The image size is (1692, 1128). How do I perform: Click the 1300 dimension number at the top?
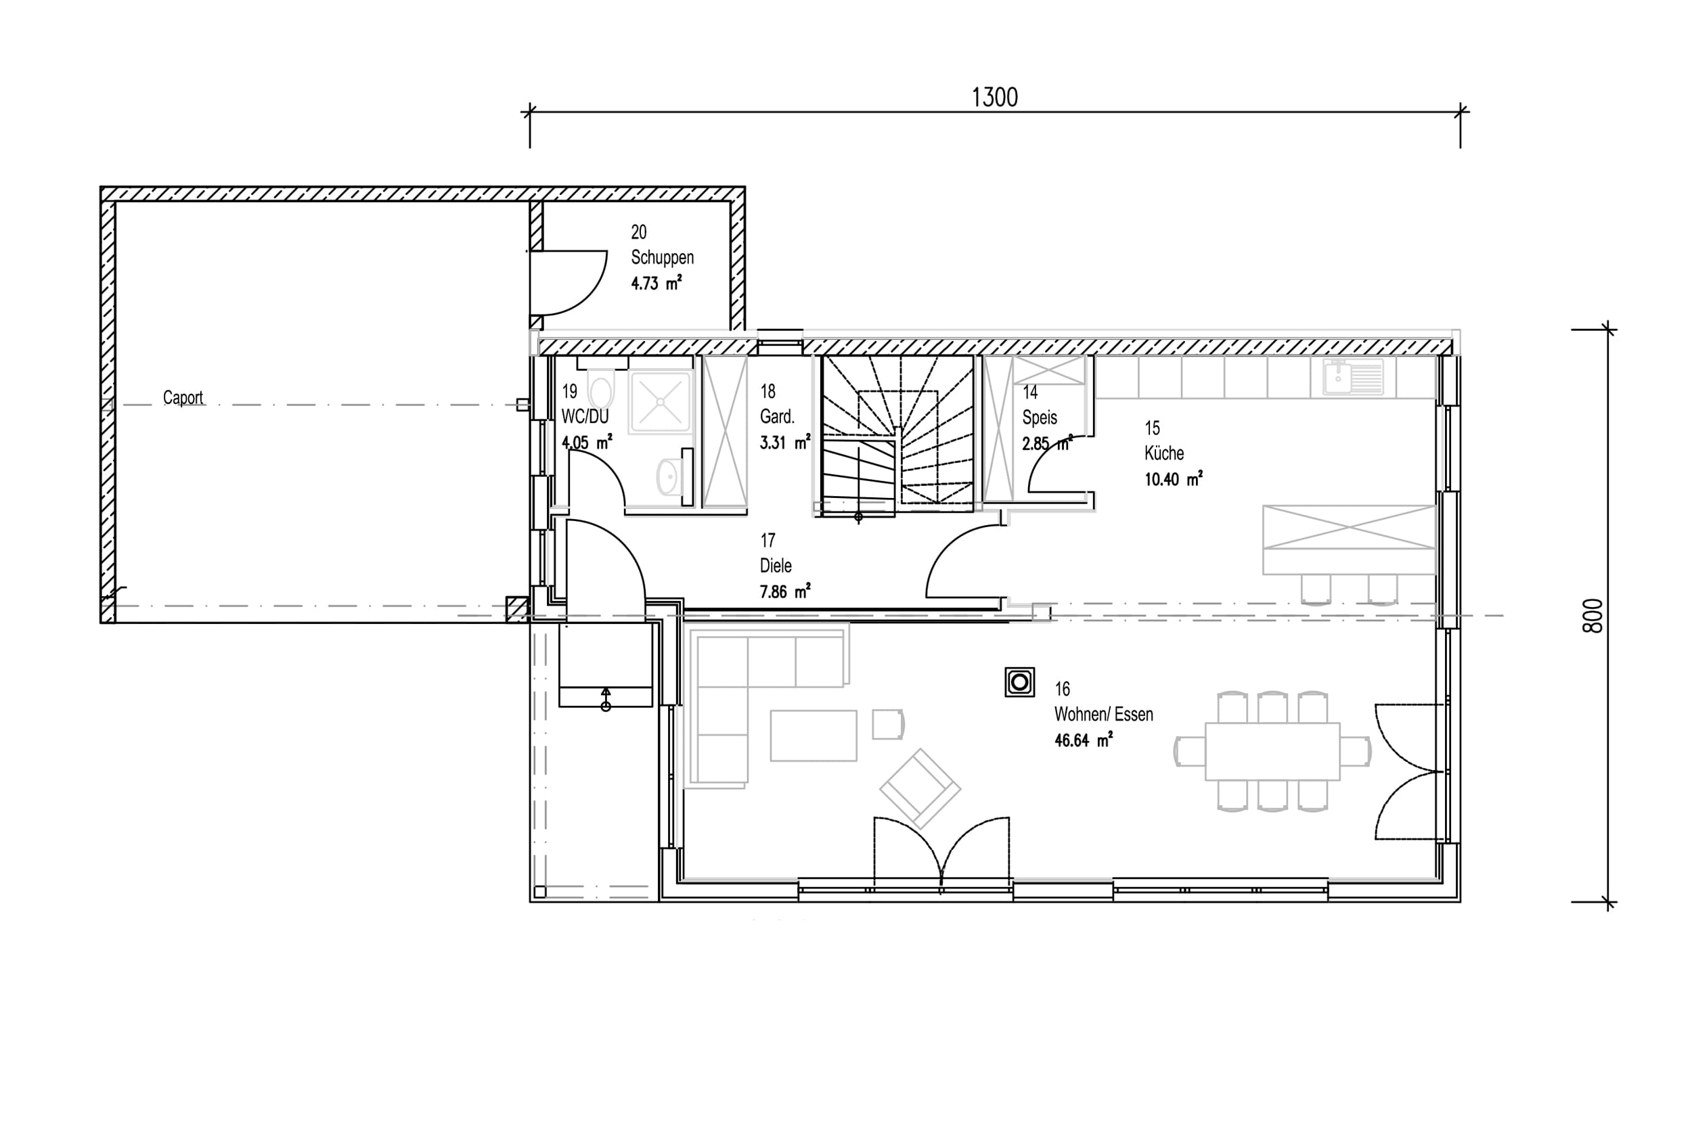click(x=995, y=97)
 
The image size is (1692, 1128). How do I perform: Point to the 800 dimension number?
click(x=1593, y=616)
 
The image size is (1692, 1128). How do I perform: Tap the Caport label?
click(x=183, y=397)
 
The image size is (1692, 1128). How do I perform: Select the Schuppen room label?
click(x=663, y=257)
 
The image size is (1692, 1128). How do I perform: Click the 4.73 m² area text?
click(x=656, y=283)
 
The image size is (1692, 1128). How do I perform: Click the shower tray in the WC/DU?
click(x=661, y=401)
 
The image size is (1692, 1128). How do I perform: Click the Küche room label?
click(x=1164, y=453)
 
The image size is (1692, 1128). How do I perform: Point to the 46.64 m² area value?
click(x=1084, y=740)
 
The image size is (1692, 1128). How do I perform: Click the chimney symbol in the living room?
click(x=1019, y=682)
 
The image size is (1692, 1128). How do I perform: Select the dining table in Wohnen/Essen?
click(x=1272, y=751)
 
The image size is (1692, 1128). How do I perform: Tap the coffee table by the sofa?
click(x=814, y=736)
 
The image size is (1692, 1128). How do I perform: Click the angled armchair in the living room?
click(x=919, y=788)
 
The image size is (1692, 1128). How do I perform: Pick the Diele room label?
click(x=776, y=566)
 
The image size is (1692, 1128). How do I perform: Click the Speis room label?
click(x=1040, y=418)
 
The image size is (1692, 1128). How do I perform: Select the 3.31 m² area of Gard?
click(x=785, y=443)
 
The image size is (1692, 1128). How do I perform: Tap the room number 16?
click(x=1063, y=689)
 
